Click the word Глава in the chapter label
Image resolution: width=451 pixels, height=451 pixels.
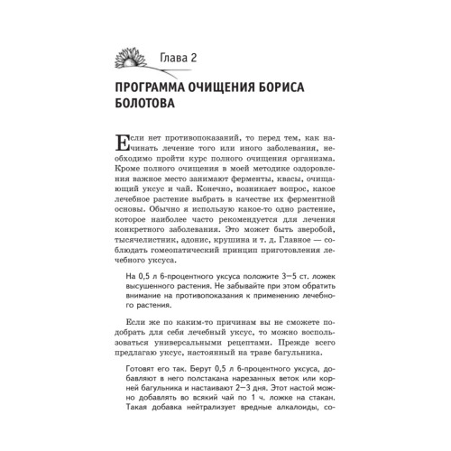click(178, 60)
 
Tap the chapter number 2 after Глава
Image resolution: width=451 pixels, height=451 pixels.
click(205, 60)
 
